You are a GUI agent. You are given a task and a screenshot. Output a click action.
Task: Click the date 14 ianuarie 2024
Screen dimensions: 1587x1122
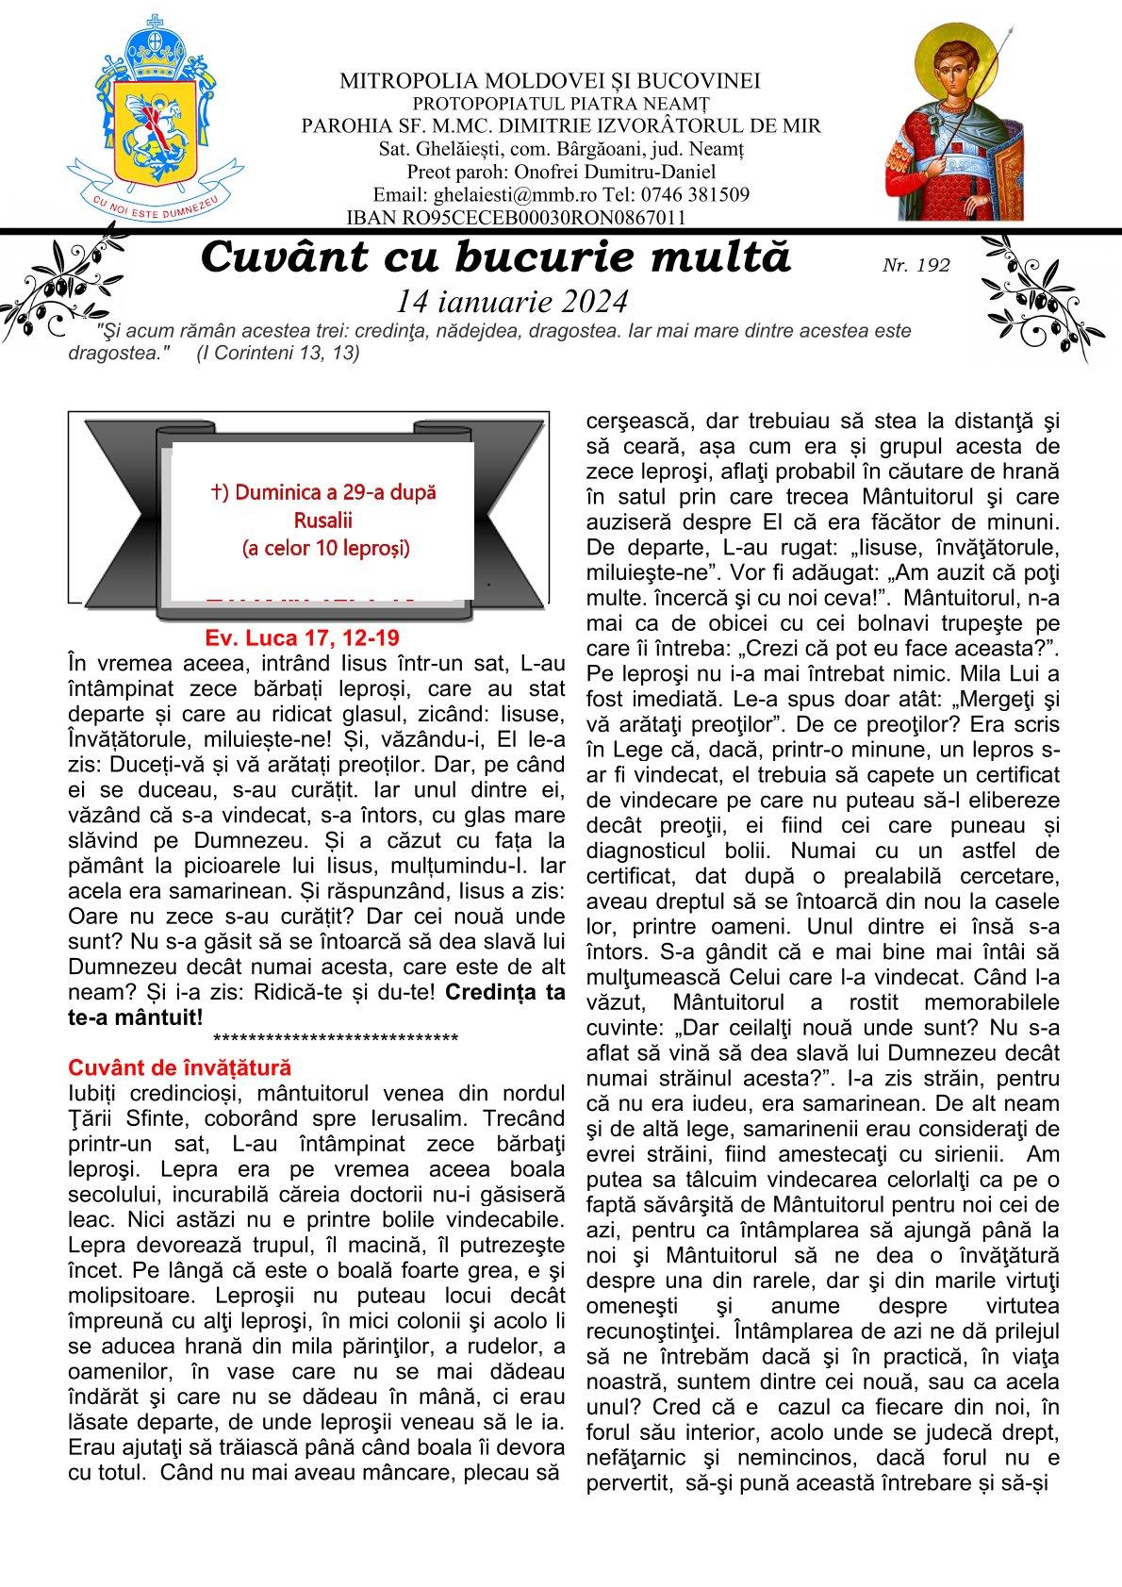tap(512, 301)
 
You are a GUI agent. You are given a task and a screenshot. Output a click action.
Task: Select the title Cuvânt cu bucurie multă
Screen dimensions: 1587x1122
tap(496, 257)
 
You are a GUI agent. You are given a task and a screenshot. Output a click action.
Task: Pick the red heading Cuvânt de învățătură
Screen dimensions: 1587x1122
tap(180, 1067)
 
